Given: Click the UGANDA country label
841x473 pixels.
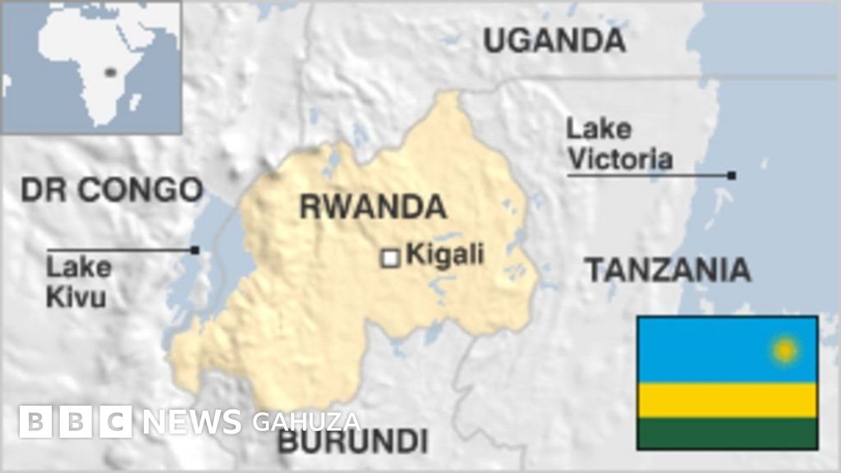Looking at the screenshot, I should [x=554, y=39].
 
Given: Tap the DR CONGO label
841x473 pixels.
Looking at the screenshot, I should [x=111, y=190].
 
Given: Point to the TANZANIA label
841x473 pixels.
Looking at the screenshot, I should [x=667, y=269].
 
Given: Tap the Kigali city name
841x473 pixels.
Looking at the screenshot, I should [x=445, y=254].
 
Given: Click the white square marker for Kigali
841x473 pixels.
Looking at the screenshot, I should [x=391, y=258].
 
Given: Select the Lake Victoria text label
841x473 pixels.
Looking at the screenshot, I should [x=619, y=144].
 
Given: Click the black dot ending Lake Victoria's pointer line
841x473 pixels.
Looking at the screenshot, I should [x=731, y=175].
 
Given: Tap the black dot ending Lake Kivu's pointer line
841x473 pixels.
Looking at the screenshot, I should [x=195, y=250].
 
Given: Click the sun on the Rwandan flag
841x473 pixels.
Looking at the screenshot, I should [x=784, y=351].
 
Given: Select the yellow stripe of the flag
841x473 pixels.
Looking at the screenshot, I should [x=727, y=400].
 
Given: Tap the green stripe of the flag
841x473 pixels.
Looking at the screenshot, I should [x=727, y=433].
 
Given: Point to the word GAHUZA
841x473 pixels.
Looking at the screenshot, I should [x=306, y=422].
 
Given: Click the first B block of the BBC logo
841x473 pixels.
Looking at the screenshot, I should [x=34, y=422].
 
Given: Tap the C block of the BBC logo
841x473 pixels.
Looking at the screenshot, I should [x=116, y=422].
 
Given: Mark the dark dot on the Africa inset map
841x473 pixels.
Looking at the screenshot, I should [x=108, y=72].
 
